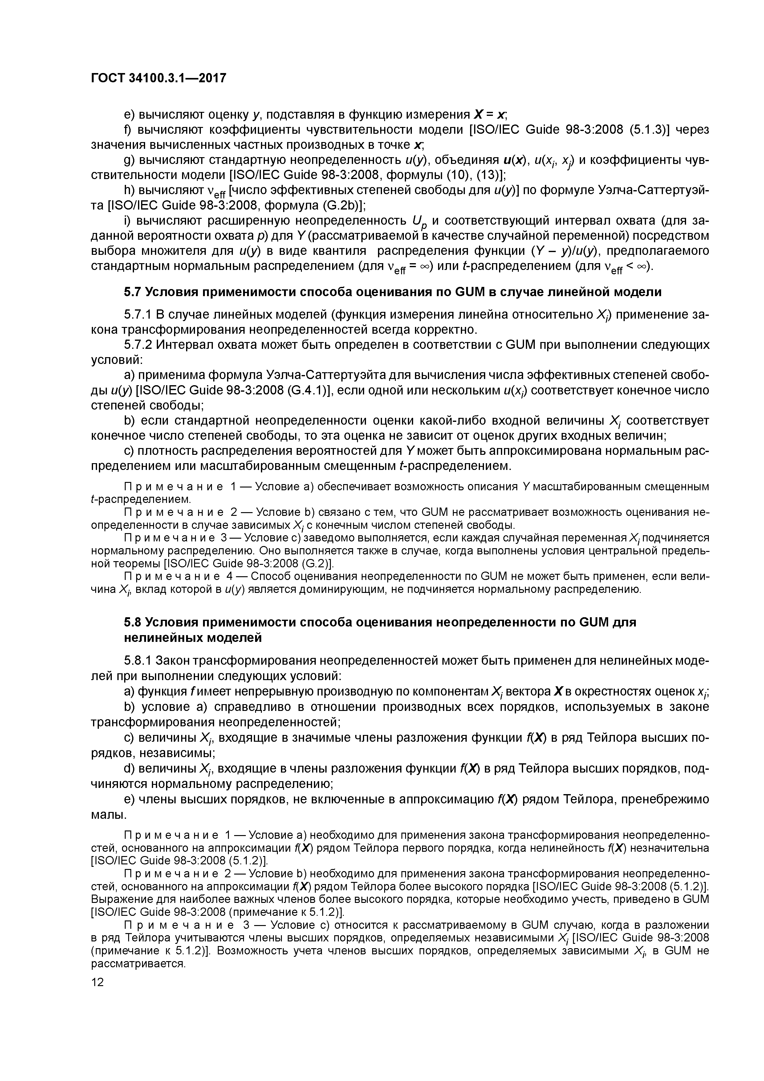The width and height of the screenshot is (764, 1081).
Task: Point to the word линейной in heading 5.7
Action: click(x=580, y=292)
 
